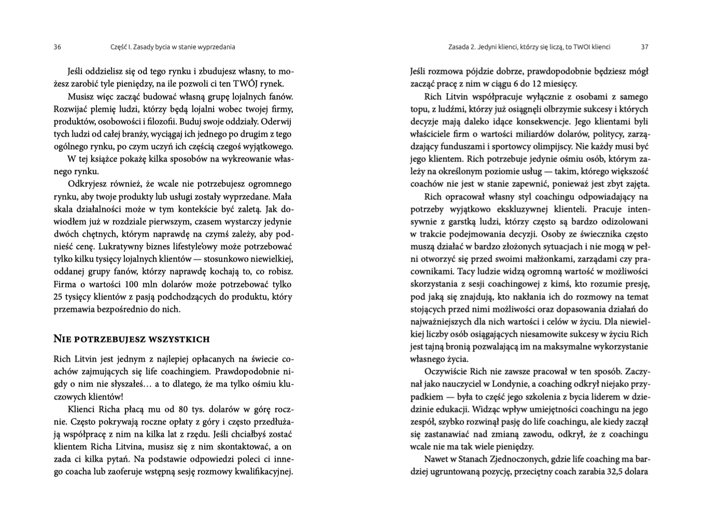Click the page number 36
coord(57,47)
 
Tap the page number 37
coord(644,47)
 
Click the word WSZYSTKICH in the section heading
coord(178,340)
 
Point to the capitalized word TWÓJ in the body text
coord(244,84)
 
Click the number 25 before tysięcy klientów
coord(59,297)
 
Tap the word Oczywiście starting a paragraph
coord(445,372)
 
